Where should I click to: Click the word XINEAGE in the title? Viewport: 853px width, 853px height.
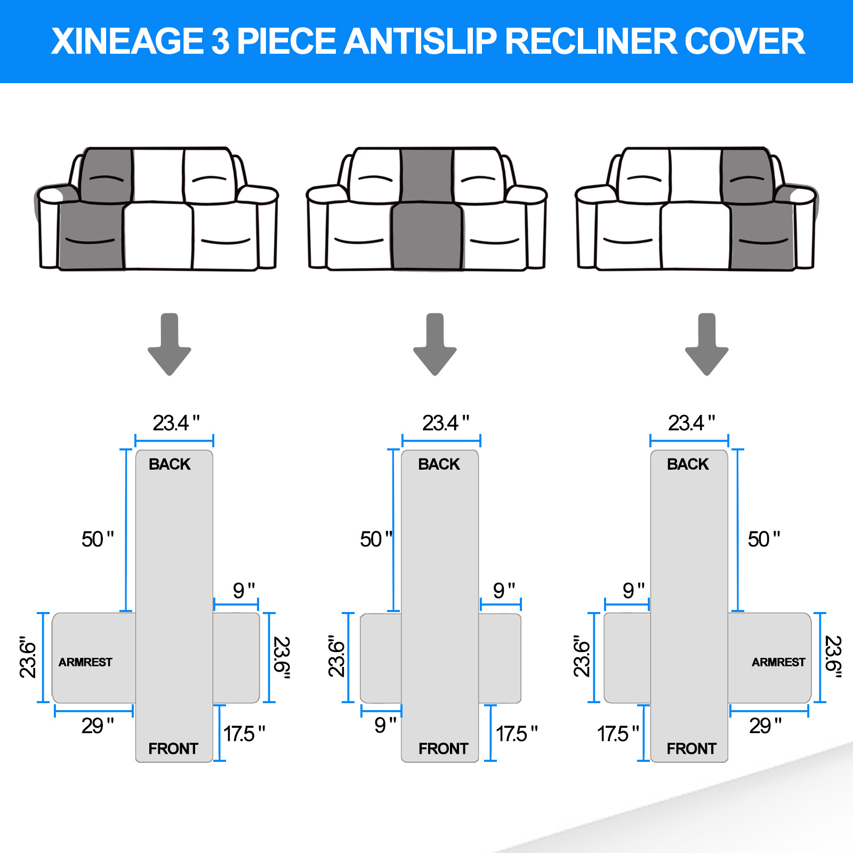click(x=127, y=42)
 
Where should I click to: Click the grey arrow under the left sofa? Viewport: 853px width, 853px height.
click(x=170, y=344)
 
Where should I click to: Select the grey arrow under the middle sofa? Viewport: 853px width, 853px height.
click(x=435, y=344)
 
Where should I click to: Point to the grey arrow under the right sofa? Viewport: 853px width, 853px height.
click(x=707, y=344)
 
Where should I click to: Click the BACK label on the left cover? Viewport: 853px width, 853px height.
click(x=170, y=464)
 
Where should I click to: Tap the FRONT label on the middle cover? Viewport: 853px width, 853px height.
click(x=443, y=749)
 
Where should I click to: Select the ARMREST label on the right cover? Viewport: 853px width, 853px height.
click(x=778, y=662)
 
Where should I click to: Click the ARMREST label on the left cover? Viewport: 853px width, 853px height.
click(x=85, y=662)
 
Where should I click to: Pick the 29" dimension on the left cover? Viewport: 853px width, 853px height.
click(x=98, y=726)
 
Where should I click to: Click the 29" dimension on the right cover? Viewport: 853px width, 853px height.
click(x=765, y=726)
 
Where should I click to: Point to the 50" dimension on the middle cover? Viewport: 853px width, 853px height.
click(x=376, y=539)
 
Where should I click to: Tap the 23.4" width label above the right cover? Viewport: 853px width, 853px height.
click(x=691, y=423)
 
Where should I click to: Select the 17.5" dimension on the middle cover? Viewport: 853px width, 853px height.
click(x=517, y=734)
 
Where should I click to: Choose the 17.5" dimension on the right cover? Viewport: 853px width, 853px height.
click(x=618, y=734)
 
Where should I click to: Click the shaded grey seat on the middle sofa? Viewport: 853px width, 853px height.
click(x=427, y=236)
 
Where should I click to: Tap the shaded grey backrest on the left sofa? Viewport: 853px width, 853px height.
click(x=106, y=175)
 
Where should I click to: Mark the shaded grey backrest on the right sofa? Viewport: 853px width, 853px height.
click(x=747, y=175)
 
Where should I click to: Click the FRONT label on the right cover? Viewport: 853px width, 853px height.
click(x=691, y=749)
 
